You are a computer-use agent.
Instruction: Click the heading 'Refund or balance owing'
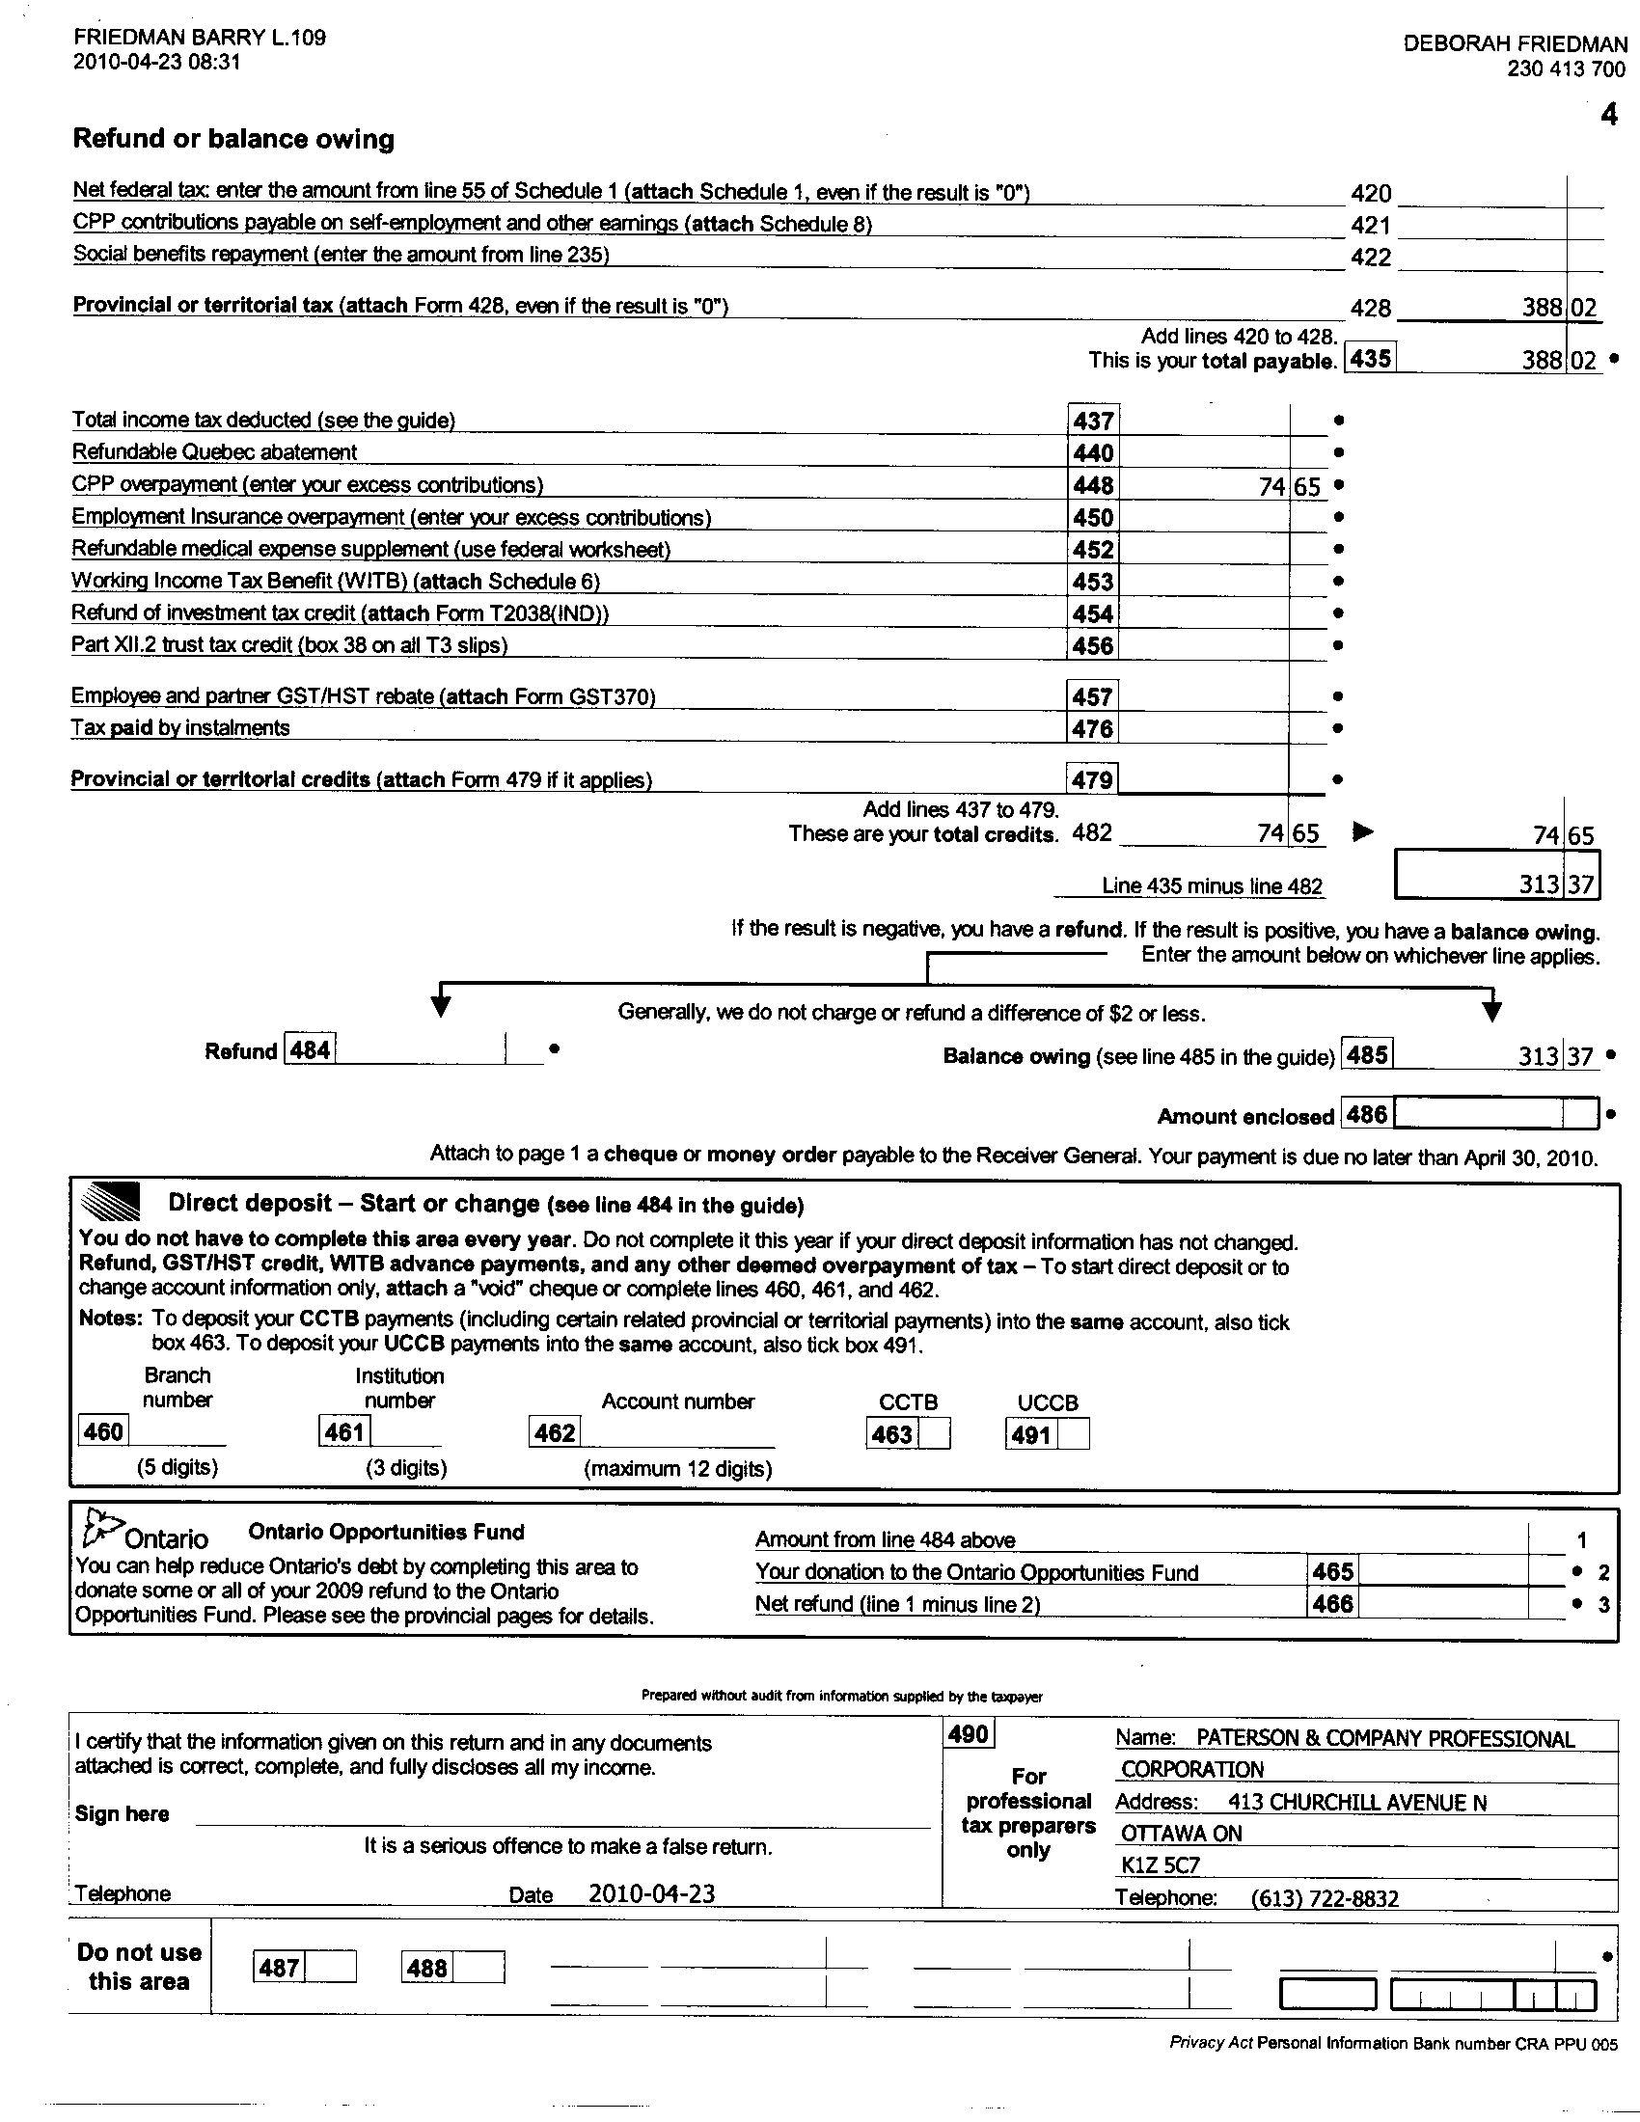[233, 139]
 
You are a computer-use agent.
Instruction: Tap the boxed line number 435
[1370, 359]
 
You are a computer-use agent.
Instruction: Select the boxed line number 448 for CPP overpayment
[1093, 485]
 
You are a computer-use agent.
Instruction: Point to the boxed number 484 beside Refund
[310, 1050]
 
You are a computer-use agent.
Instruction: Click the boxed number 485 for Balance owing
[1366, 1054]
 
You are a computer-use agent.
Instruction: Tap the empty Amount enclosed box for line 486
[1495, 1113]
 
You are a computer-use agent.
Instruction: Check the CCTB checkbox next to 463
[935, 1434]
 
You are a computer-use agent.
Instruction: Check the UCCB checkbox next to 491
[1074, 1434]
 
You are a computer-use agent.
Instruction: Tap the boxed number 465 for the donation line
[1332, 1572]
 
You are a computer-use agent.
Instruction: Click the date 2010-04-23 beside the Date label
[651, 1893]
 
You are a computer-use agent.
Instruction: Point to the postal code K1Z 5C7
[1160, 1864]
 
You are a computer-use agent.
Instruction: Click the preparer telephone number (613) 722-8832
[1326, 1897]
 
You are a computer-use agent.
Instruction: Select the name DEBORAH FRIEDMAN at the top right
[1515, 43]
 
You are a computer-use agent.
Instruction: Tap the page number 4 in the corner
[1609, 115]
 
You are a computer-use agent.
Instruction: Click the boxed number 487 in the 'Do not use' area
[280, 1968]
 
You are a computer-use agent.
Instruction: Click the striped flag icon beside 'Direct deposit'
[110, 1203]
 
